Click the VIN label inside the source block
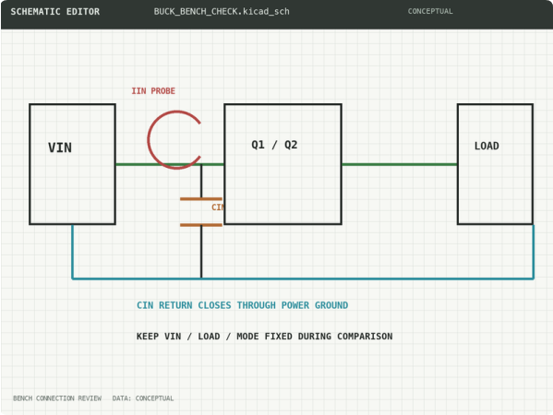pos(60,148)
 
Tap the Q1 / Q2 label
pos(274,145)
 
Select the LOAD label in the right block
pos(487,146)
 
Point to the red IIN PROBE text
pos(153,91)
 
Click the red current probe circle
pos(148,140)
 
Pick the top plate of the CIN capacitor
pos(201,199)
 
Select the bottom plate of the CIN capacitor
pos(201,225)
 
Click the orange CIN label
pos(218,207)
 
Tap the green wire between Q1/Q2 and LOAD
pos(400,164)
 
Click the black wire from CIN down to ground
pos(201,252)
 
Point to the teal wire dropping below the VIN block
pos(73,252)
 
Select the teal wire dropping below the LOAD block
pos(534,252)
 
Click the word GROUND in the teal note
pos(331,305)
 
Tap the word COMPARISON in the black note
pos(365,336)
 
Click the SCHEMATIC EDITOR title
pos(55,12)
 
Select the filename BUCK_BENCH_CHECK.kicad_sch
pos(222,12)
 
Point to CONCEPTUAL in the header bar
pos(430,11)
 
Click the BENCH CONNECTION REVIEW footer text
pos(57,398)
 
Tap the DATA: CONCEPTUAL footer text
pos(143,398)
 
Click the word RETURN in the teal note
pos(175,305)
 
